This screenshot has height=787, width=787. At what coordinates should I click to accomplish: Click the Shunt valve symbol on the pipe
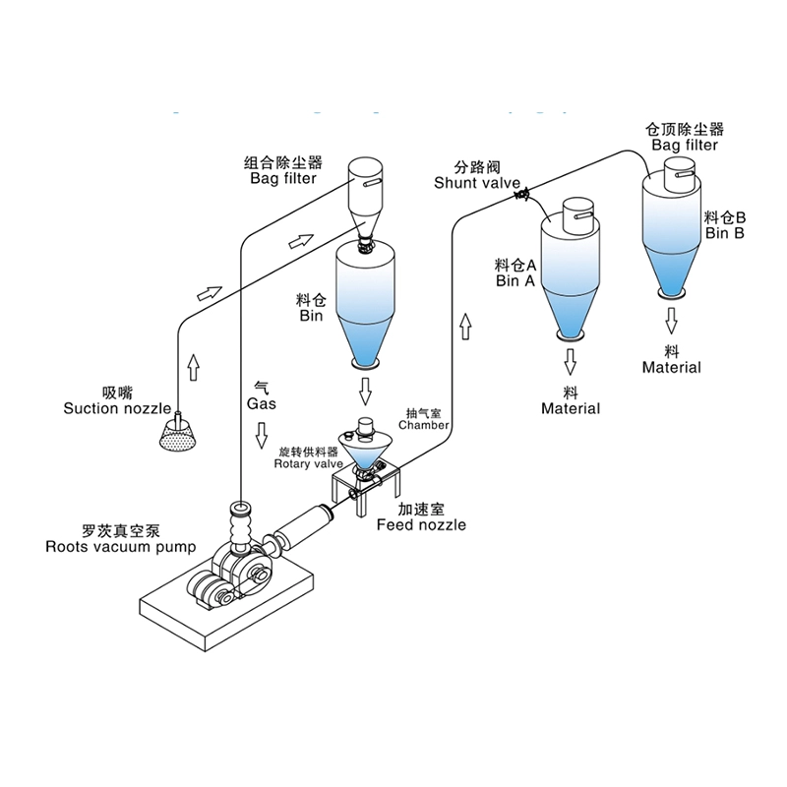point(521,195)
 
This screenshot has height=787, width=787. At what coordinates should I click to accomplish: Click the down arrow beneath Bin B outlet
point(673,317)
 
